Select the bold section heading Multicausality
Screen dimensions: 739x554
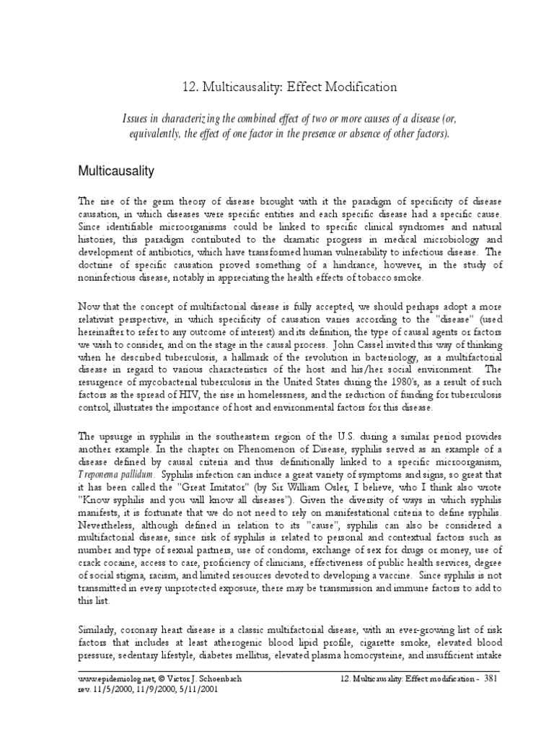(121, 171)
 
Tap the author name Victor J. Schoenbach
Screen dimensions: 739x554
(208, 680)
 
